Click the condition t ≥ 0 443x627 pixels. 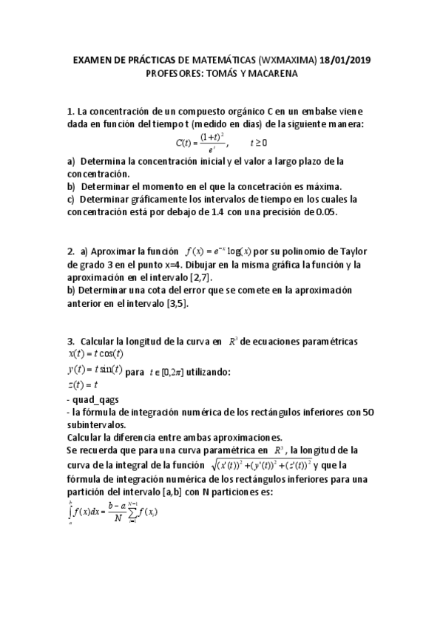pyautogui.click(x=259, y=142)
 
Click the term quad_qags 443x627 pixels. pyautogui.click(x=93, y=400)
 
